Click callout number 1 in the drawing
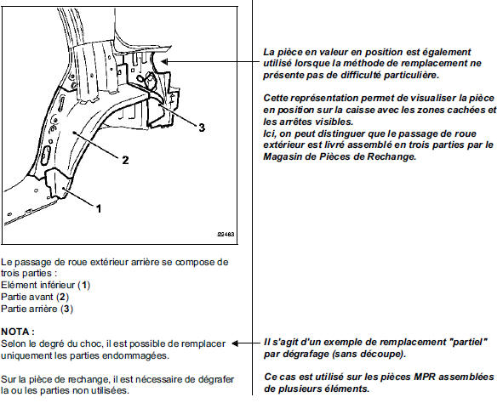pos(99,209)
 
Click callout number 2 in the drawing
pos(125,160)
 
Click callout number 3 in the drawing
pos(202,128)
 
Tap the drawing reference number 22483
pos(226,234)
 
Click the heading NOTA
pos(18,332)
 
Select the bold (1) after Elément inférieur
pos(84,285)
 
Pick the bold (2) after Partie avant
pos(63,297)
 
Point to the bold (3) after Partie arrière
pos(67,309)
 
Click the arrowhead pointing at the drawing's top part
pos(164,61)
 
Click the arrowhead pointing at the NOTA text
pos(236,343)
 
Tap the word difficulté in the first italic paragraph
pos(361,75)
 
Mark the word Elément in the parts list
pos(19,285)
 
